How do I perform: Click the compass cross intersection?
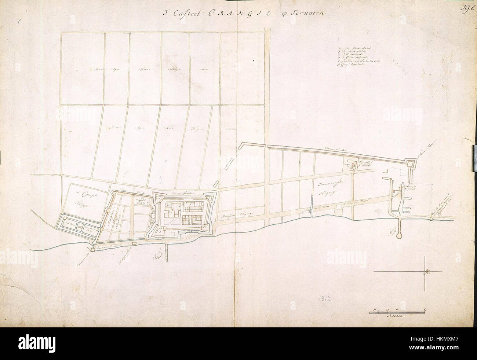pos(425,271)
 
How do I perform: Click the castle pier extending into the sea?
pos(167,253)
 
